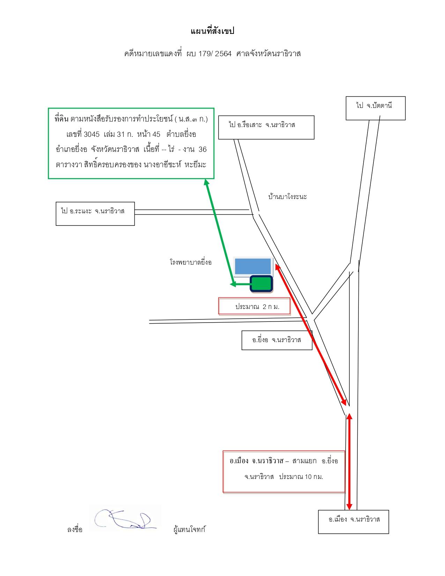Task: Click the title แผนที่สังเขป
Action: point(213,31)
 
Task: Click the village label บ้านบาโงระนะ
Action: point(288,197)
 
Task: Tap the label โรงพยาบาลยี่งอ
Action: point(191,262)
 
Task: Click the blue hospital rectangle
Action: point(253,266)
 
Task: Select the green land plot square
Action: point(261,284)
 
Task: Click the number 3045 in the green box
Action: point(91,134)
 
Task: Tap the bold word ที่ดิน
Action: point(61,119)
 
